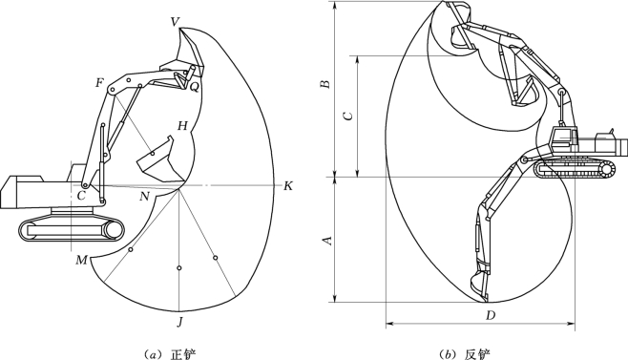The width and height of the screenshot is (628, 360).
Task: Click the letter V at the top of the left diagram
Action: pos(175,22)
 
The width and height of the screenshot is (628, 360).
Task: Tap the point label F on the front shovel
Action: pos(99,83)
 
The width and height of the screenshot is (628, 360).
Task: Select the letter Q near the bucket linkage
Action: pos(195,87)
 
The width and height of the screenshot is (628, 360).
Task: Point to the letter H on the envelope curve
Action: pos(182,126)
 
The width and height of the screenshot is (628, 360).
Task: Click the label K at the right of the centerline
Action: pos(288,186)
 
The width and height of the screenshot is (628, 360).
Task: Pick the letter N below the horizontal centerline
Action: pos(144,197)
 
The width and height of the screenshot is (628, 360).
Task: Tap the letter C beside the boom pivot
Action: pos(81,196)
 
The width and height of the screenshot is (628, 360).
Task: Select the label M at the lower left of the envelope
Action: pos(82,261)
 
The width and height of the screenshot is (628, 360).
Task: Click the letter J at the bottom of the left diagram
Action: pos(180,322)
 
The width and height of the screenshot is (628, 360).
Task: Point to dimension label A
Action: pos(327,240)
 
